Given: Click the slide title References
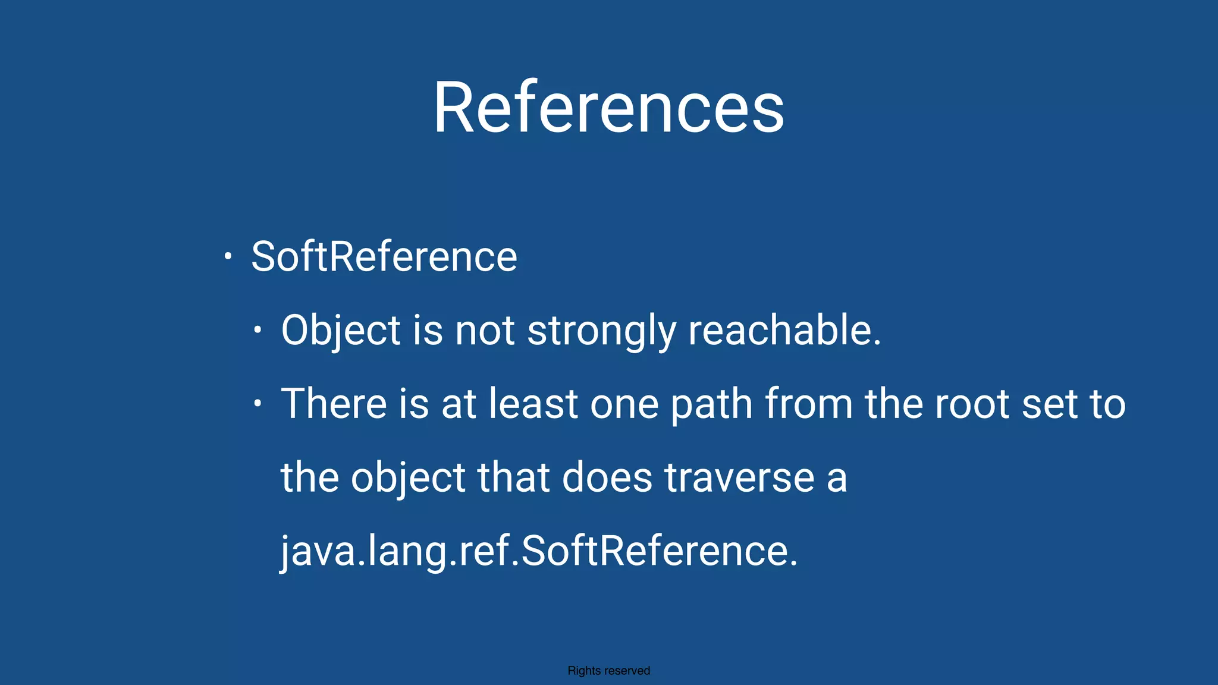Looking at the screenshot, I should click(608, 108).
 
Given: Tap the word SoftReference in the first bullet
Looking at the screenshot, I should click(384, 257).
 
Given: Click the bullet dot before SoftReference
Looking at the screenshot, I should click(227, 257).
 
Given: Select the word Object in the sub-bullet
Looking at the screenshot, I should click(341, 331).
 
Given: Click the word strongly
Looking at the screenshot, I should click(601, 331).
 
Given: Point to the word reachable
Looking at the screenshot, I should click(784, 331).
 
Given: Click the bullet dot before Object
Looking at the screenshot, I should click(257, 330).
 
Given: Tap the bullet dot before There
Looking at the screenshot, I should click(257, 404).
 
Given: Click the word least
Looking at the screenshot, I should click(533, 404).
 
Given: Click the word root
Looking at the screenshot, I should click(972, 404).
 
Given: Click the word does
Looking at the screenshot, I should click(607, 477).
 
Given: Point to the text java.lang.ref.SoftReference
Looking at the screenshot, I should click(539, 551).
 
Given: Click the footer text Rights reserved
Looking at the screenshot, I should click(608, 671).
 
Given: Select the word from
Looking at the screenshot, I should click(809, 404).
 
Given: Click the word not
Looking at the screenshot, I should click(484, 331).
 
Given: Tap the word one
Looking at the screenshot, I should click(624, 404).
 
